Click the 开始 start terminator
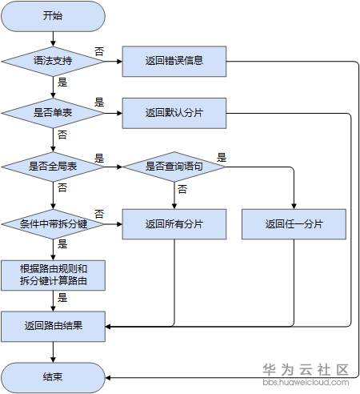[53, 15]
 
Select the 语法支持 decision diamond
[53, 61]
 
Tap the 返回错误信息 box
[174, 61]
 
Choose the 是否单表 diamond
[53, 113]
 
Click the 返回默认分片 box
[174, 113]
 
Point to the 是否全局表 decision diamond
[53, 167]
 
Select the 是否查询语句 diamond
[174, 167]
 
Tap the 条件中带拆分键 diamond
[53, 223]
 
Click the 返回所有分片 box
[174, 223]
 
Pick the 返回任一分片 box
[294, 223]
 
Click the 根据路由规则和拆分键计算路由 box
[53, 275]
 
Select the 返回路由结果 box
[53, 326]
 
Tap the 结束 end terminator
[53, 376]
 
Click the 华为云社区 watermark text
[306, 370]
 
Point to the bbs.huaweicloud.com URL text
[306, 384]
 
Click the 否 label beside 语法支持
[99, 50]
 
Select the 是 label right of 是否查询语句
[222, 157]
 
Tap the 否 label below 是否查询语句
[182, 189]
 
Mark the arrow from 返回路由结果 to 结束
[53, 352]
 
